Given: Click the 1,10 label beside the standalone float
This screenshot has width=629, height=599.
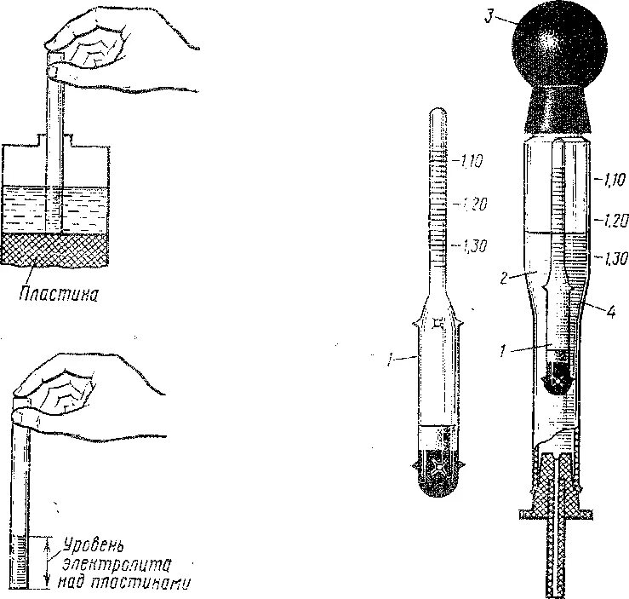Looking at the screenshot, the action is click(472, 158).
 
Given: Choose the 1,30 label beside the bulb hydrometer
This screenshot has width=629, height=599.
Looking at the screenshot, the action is click(611, 256).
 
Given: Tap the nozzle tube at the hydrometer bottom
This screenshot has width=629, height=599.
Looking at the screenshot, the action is click(557, 562).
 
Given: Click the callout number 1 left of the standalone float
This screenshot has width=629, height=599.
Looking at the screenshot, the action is click(388, 360).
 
